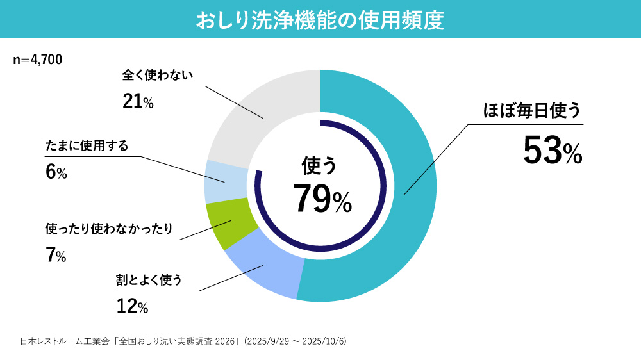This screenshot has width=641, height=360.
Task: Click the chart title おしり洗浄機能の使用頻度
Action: [x=320, y=19]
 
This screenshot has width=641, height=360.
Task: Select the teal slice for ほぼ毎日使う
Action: [x=410, y=186]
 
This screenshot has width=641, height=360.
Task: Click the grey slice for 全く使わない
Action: [x=263, y=115]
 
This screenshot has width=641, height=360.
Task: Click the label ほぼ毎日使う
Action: [x=531, y=111]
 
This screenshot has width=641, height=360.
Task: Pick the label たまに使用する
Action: [x=87, y=146]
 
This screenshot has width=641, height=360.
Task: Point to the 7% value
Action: [x=56, y=256]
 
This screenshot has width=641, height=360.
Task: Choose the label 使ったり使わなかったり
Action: [x=110, y=229]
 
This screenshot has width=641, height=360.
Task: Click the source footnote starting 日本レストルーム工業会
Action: [x=183, y=340]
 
